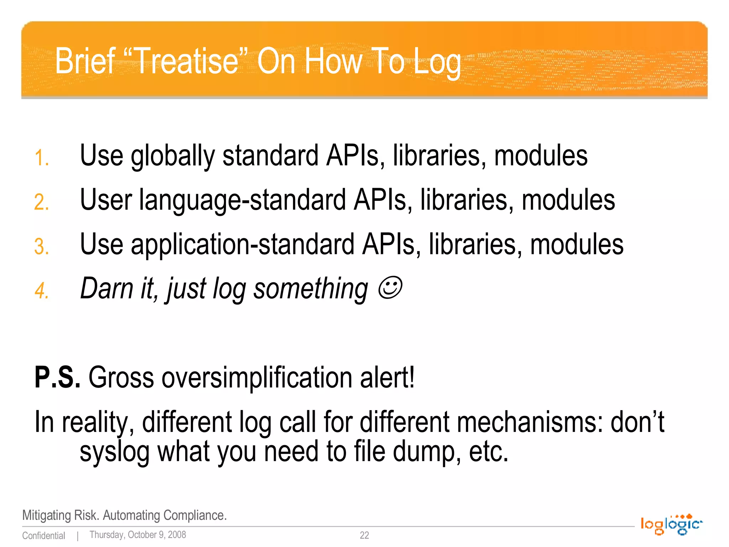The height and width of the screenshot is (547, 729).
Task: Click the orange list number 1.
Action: (41, 158)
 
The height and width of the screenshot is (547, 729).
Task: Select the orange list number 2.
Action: (41, 202)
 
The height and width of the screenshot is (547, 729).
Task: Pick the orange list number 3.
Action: (41, 246)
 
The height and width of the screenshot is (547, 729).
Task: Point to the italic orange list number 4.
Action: (41, 291)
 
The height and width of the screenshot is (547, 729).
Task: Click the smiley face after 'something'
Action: (390, 288)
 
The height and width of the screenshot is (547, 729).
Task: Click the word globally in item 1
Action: (173, 157)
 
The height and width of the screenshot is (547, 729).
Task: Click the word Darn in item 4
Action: (106, 288)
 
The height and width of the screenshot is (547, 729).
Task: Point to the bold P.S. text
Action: (57, 377)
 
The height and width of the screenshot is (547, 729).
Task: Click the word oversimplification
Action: (256, 377)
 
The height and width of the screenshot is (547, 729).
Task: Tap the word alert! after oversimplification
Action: (387, 377)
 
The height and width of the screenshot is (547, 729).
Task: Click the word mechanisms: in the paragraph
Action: (530, 422)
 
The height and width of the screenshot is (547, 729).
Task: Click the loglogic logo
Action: (671, 525)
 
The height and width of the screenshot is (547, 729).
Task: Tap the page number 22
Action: (364, 535)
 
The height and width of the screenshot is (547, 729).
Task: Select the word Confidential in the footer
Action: (43, 536)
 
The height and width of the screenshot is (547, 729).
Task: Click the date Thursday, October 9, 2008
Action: (138, 535)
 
